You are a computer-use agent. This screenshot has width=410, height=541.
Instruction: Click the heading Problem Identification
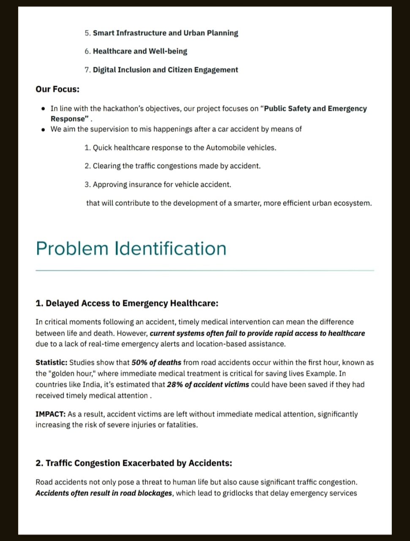click(131, 249)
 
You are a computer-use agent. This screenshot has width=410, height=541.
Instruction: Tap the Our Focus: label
click(57, 89)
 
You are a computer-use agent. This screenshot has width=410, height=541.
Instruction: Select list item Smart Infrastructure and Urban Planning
click(165, 33)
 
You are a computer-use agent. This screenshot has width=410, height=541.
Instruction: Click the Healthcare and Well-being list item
click(140, 51)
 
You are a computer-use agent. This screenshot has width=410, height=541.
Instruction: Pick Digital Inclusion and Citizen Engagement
click(165, 70)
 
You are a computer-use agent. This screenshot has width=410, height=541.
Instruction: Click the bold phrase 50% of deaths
click(156, 363)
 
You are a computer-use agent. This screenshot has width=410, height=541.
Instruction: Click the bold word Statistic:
click(51, 363)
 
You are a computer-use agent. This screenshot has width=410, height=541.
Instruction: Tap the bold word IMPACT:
click(50, 414)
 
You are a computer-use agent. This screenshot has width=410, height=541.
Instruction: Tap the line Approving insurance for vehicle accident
click(162, 185)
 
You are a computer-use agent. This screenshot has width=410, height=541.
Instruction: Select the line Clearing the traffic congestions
click(177, 166)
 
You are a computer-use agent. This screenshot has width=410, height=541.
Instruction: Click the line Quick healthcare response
click(184, 148)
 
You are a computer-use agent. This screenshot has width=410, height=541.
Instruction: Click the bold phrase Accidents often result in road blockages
click(104, 493)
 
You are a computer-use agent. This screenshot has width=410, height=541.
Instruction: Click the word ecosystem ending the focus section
click(352, 203)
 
